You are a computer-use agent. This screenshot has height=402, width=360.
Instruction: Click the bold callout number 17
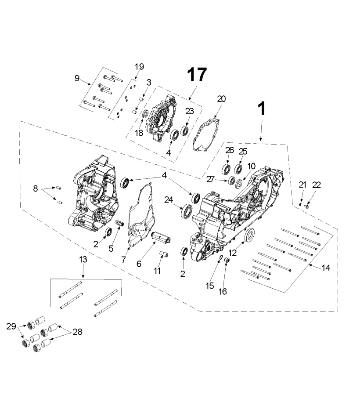[197, 75]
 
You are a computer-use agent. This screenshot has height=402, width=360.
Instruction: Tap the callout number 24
[169, 199]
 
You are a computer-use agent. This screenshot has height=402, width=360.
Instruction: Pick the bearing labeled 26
[226, 169]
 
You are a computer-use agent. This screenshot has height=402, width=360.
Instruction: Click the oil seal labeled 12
[250, 234]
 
